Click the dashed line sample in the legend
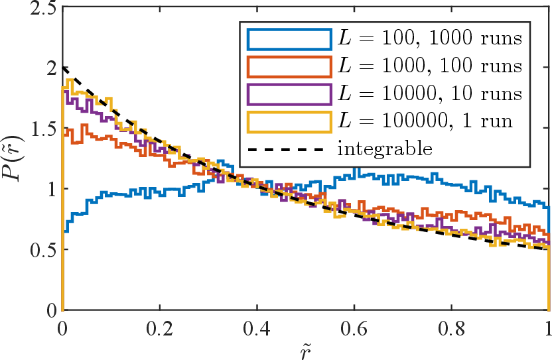tap(285, 150)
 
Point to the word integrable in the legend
tap(385, 149)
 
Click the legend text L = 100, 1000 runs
tap(430, 38)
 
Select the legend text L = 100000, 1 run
tap(425, 121)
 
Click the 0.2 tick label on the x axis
tap(160, 329)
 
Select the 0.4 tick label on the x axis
tap(257, 329)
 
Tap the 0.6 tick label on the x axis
tap(354, 329)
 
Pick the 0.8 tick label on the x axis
tap(452, 329)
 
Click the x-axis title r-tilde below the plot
tap(306, 352)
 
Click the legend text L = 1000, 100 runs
tap(430, 66)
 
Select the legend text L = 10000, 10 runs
tap(430, 93)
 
